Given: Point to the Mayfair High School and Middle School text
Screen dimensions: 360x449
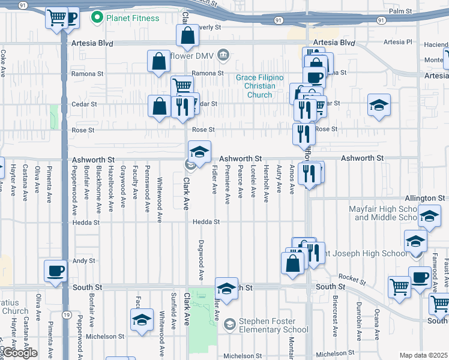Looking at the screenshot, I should [x=384, y=213].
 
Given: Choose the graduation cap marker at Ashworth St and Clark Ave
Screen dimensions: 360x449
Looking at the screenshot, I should [x=199, y=151].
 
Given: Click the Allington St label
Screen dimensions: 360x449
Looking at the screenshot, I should [x=424, y=197].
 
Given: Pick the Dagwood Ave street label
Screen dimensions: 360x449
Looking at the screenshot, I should [x=200, y=260].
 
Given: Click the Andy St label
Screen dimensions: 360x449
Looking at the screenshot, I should [x=84, y=261].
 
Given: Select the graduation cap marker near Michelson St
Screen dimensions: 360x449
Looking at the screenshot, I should [x=142, y=319].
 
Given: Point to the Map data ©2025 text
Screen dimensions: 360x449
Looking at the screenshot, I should [x=423, y=355].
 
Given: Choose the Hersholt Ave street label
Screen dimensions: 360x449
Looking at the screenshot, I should [x=265, y=184].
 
